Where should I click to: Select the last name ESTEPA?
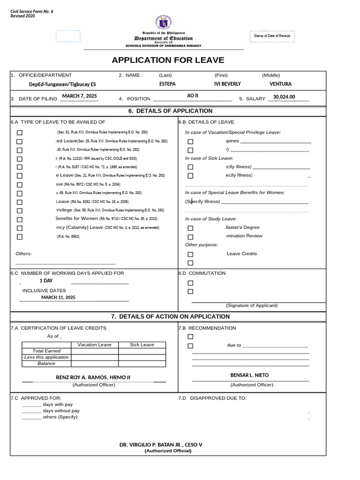point(167,84)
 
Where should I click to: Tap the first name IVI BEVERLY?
point(227,84)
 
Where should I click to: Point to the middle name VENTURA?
point(280,84)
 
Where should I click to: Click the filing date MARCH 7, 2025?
point(79,96)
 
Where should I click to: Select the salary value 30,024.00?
point(284,97)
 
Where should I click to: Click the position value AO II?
point(193,96)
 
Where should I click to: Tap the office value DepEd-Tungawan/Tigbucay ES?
point(62,84)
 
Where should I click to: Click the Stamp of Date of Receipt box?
point(273,36)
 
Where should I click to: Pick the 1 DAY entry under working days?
point(46,280)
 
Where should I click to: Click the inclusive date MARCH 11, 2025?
point(58,297)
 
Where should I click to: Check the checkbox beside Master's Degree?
point(190,228)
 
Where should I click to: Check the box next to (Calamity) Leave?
point(19,228)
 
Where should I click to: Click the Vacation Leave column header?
point(95,345)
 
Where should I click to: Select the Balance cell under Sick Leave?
point(142,363)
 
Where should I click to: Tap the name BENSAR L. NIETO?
point(249,375)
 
